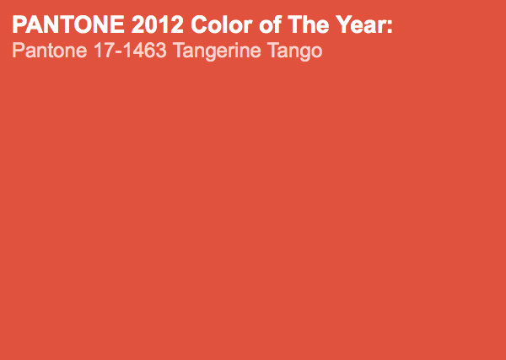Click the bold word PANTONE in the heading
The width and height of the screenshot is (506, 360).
(68, 24)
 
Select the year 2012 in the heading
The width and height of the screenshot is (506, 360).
(157, 24)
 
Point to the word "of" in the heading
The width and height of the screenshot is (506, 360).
(270, 24)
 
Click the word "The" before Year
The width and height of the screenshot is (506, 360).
(308, 24)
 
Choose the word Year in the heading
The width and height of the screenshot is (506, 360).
(359, 24)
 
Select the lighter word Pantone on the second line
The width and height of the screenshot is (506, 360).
(50, 51)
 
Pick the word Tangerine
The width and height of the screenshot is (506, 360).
(217, 51)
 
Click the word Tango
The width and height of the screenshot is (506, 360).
(294, 51)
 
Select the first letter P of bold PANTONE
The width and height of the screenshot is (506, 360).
(19, 24)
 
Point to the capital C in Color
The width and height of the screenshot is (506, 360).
(198, 24)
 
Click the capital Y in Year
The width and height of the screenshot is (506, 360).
(343, 24)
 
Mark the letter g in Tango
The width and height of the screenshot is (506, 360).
(304, 54)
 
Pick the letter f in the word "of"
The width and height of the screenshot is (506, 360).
(277, 24)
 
